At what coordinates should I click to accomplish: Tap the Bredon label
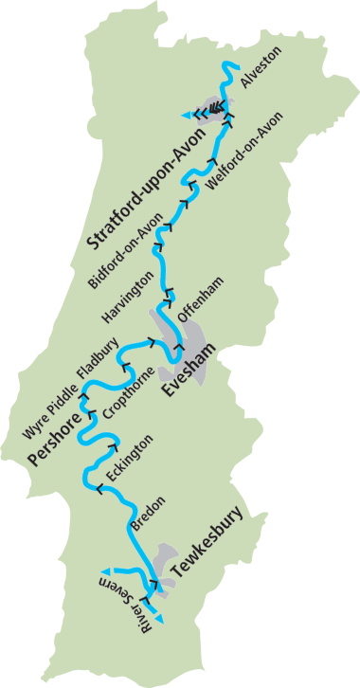pos(147,513)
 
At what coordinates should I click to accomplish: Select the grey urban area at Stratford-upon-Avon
pos(214,105)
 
